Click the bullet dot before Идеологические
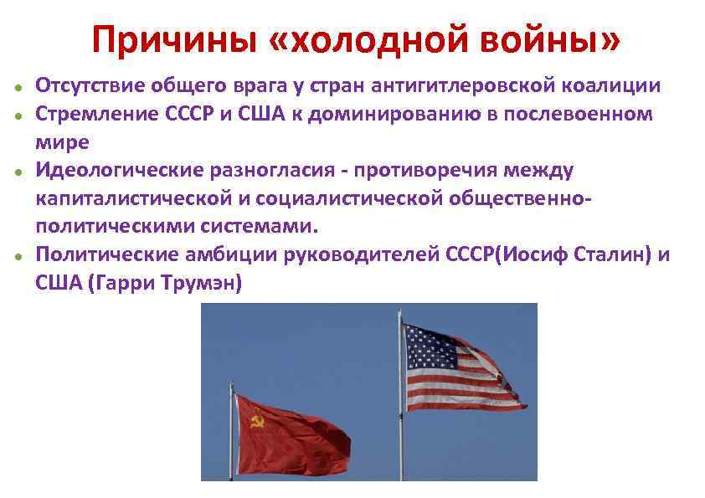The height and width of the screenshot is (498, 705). pyautogui.click(x=17, y=172)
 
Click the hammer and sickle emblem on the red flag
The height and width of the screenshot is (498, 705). pyautogui.click(x=257, y=420)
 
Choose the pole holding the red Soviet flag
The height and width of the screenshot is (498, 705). pyautogui.click(x=231, y=435)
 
